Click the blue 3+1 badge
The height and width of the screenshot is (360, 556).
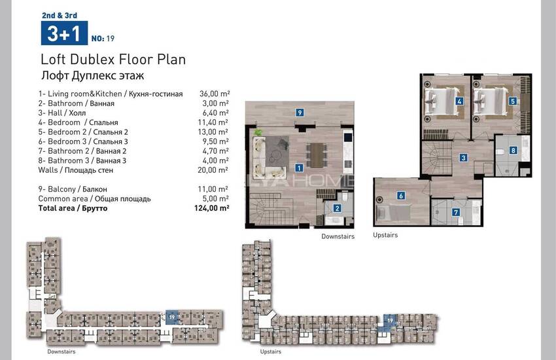[64, 33]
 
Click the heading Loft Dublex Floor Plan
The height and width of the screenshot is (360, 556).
[113, 59]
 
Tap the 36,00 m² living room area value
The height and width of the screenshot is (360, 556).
[215, 94]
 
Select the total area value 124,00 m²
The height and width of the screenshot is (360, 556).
[211, 208]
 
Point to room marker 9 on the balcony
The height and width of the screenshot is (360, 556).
[300, 113]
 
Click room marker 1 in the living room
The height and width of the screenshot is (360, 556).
[299, 168]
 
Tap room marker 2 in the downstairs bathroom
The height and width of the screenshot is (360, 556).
[338, 209]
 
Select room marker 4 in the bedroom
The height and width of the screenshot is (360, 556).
[459, 101]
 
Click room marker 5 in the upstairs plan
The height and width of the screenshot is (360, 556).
[512, 101]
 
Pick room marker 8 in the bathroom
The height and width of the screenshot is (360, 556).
[513, 151]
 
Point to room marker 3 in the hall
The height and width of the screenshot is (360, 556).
[463, 158]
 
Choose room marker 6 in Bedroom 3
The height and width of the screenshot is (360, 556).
[401, 196]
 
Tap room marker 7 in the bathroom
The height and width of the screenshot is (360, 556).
[456, 212]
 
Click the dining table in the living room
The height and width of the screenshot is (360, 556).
[317, 155]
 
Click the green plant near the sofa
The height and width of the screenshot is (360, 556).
[258, 133]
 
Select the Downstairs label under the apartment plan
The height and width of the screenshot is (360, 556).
[338, 236]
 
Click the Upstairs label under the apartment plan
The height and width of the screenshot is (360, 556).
[385, 235]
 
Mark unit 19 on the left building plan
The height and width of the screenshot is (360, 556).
[172, 317]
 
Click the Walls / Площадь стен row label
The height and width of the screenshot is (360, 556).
[75, 170]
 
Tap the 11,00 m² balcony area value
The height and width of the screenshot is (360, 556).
[213, 189]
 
